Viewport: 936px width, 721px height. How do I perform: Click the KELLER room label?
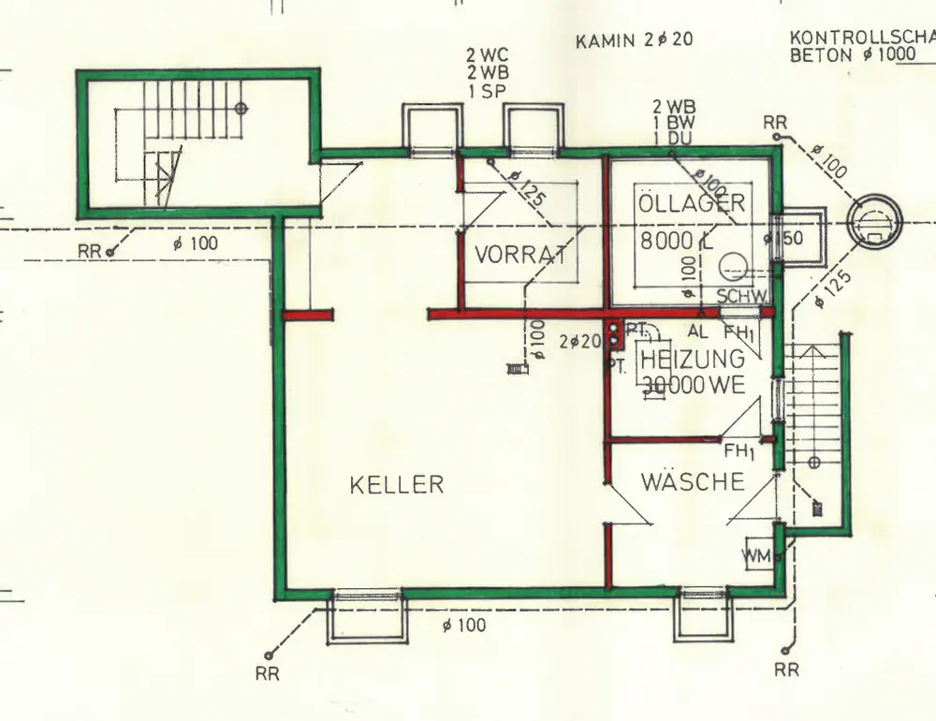click(x=396, y=485)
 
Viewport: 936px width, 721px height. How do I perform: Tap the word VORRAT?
click(x=521, y=255)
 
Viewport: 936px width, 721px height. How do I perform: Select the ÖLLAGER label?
click(x=692, y=203)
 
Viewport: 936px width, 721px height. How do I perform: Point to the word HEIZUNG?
click(x=693, y=359)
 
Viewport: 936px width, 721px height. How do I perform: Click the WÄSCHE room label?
click(x=693, y=482)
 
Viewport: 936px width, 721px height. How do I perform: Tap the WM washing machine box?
click(x=757, y=556)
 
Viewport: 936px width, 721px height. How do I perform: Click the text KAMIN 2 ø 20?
click(x=636, y=40)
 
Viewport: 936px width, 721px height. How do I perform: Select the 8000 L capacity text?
click(x=677, y=240)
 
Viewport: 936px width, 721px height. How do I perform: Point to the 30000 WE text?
click(x=693, y=384)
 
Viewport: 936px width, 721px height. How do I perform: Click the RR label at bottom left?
click(x=268, y=672)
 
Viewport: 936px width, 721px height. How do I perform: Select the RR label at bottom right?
click(x=786, y=670)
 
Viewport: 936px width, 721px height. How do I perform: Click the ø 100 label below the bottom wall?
click(x=464, y=625)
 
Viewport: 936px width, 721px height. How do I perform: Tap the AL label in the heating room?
click(x=698, y=331)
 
